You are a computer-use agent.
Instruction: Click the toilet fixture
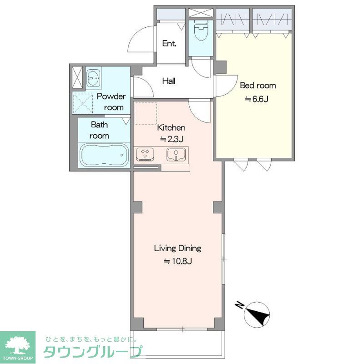[x=201, y=31]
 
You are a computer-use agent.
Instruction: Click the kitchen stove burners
[x=146, y=154]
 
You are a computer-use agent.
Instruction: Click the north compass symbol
[x=258, y=314]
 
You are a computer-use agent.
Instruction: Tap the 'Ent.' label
[x=169, y=44]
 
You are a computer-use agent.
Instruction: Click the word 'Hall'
[x=169, y=81]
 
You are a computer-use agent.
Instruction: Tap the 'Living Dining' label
[x=177, y=248]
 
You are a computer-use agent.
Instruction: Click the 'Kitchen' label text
[x=172, y=127]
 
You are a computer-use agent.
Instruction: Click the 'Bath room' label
[x=99, y=130]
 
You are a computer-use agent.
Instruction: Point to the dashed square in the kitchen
[x=146, y=113]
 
